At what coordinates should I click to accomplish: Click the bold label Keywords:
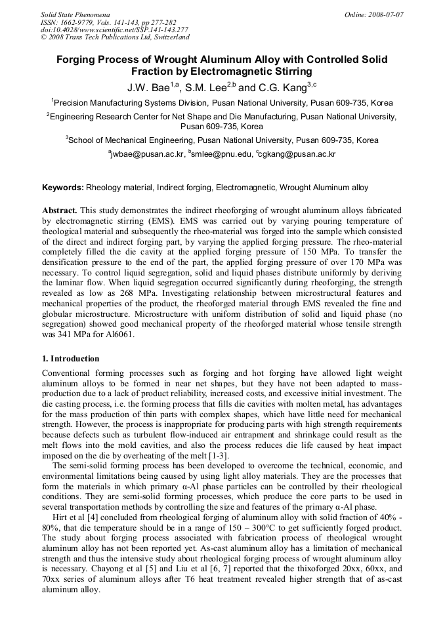click(x=63, y=188)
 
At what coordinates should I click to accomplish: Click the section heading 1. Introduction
click(x=71, y=359)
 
